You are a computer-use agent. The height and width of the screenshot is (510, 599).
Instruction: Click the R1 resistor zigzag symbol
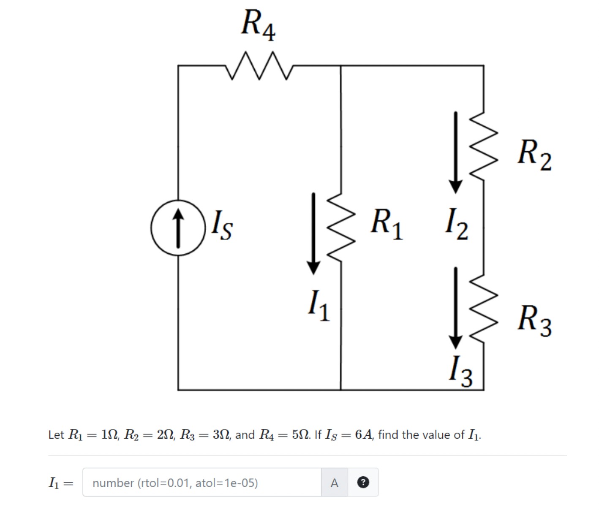coord(341,228)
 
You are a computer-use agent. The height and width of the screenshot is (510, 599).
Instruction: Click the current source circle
coord(178,228)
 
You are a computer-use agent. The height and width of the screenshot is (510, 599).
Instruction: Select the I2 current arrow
coord(455,152)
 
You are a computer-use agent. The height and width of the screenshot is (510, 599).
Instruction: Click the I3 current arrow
coord(455,307)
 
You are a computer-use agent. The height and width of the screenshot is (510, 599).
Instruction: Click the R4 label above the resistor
coord(258,25)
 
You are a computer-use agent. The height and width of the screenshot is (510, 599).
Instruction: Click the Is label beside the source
coord(221,225)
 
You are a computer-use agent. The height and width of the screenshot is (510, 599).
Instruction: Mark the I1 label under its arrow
coord(319,306)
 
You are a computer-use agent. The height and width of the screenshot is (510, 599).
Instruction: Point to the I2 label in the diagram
coord(456,224)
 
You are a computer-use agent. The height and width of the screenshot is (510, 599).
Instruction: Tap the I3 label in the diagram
coord(461,371)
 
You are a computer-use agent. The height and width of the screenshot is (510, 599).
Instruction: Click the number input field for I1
coord(201,483)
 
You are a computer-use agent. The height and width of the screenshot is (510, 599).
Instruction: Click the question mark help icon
coord(363,482)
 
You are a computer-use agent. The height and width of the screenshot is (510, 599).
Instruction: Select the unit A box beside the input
coord(334,483)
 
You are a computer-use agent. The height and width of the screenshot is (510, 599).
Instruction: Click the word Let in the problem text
coord(56,435)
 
